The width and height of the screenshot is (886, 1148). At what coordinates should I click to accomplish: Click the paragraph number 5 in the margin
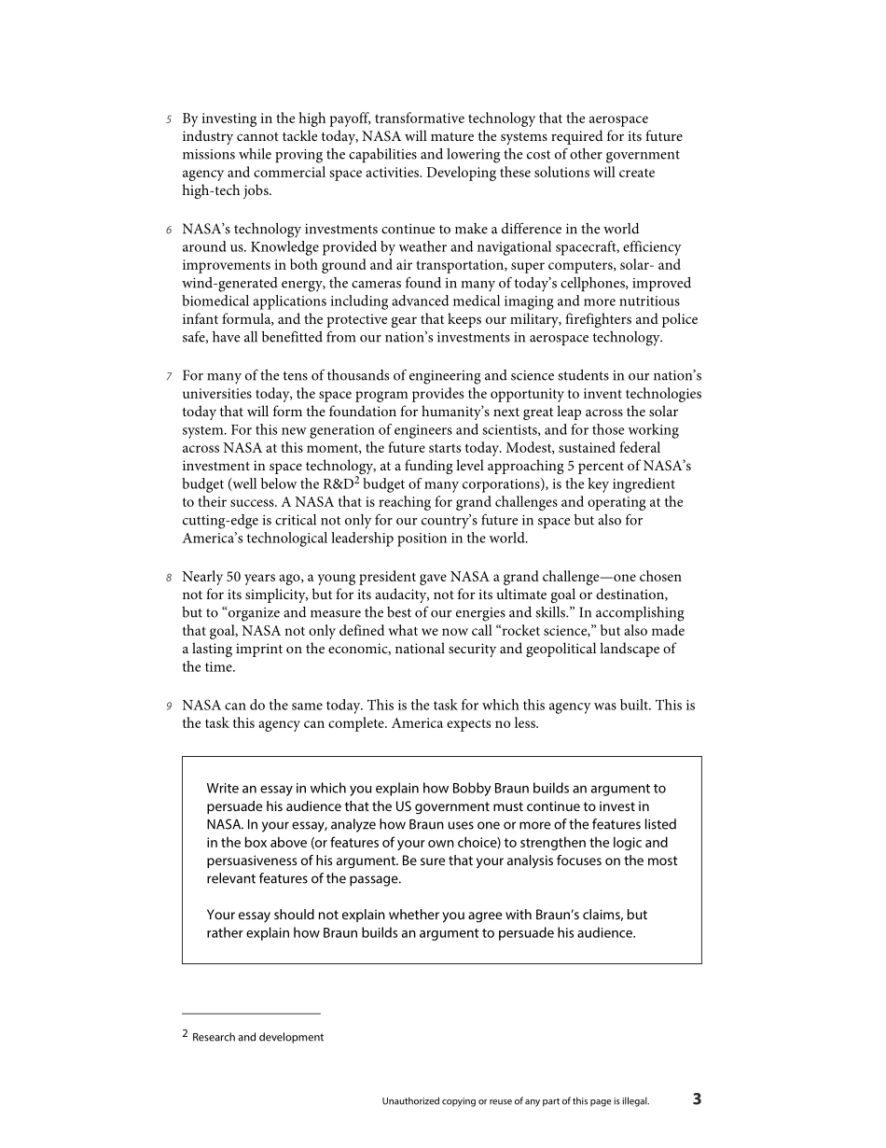tap(169, 119)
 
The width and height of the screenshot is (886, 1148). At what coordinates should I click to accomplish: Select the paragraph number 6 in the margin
tap(169, 230)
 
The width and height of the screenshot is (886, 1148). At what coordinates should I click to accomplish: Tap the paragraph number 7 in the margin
tap(169, 376)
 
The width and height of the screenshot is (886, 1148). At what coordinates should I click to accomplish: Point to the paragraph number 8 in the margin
tap(169, 578)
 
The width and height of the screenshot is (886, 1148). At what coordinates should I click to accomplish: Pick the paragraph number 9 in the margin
tap(169, 707)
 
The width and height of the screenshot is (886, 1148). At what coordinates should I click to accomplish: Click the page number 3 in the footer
tap(697, 1099)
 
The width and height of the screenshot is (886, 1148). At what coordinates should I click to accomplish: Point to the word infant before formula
tap(201, 319)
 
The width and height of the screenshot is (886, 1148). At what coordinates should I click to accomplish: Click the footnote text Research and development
tap(258, 1037)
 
